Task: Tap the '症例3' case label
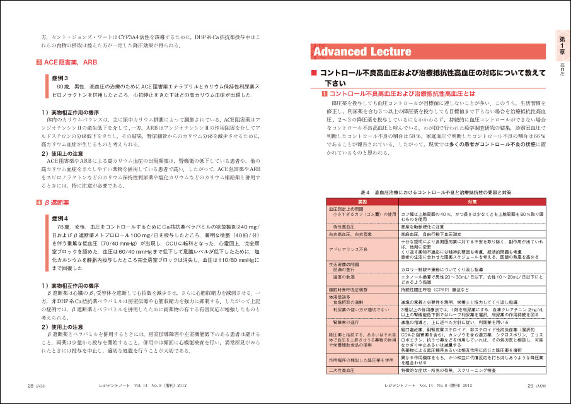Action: coord(61,77)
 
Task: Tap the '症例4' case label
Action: coord(61,218)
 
